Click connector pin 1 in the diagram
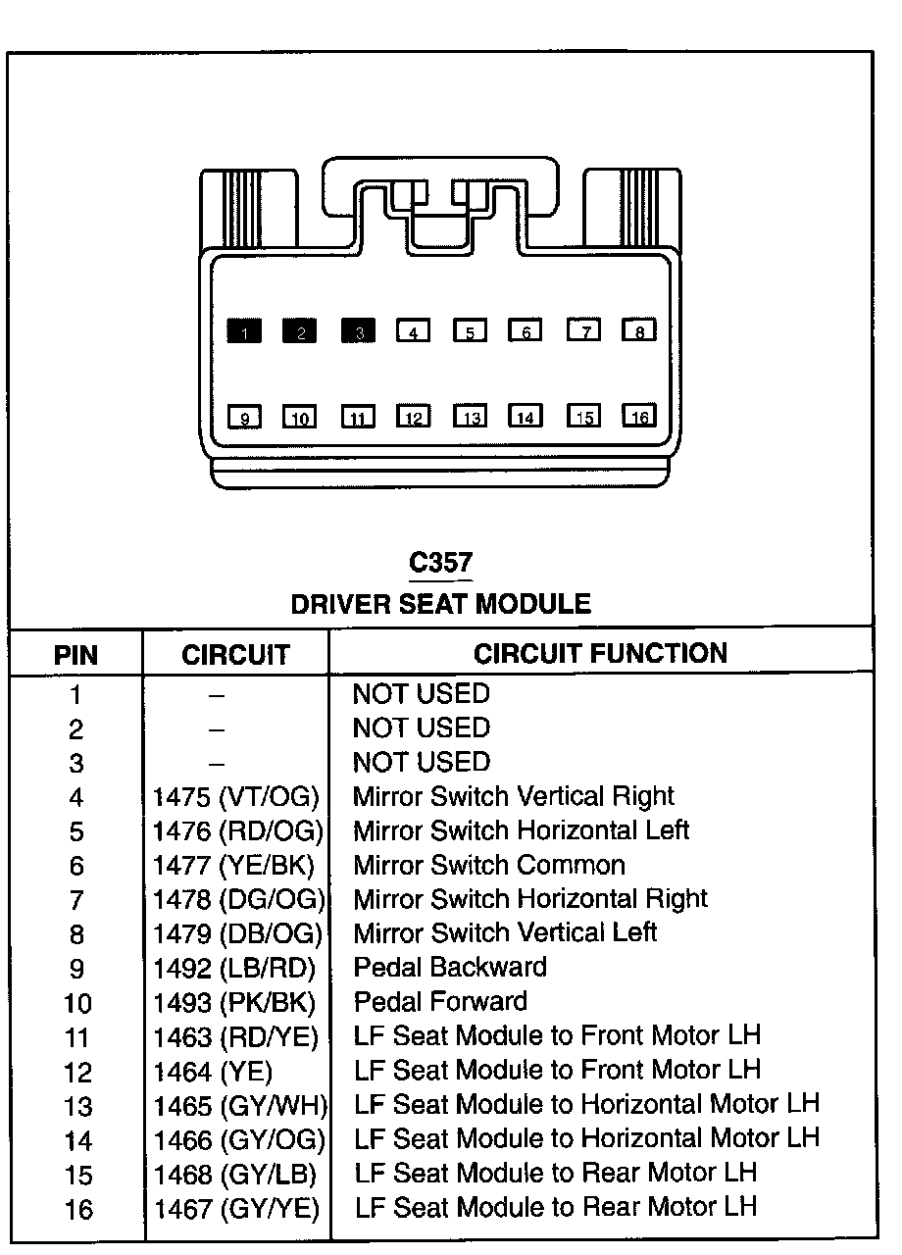244,331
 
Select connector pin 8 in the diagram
639,330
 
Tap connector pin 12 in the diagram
414,418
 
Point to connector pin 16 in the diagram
639,417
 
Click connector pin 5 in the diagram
471,331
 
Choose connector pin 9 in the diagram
244,418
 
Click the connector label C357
440,564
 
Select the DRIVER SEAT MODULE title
440,604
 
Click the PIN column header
75,654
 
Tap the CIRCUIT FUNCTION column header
600,653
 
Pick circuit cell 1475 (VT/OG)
236,796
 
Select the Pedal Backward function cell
450,967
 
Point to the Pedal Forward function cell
440,1001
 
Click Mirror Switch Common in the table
489,865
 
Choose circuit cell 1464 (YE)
213,1071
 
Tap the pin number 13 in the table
77,1106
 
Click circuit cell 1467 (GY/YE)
236,1208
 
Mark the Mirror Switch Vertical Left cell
505,932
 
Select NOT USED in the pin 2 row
421,728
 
